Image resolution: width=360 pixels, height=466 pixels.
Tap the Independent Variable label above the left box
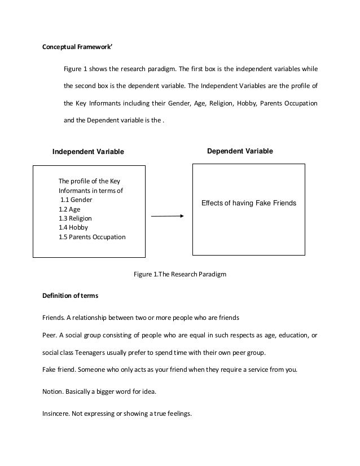pos(87,151)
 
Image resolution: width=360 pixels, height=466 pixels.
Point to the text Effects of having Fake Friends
pos(248,203)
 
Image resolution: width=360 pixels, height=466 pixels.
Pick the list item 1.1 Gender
pos(77,200)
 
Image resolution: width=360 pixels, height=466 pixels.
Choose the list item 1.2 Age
pos(69,209)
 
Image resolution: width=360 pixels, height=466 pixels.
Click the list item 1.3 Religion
pos(75,218)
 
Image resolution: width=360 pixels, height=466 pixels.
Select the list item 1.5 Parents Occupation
pos(92,237)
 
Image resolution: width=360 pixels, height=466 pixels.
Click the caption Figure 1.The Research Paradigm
pos(179,274)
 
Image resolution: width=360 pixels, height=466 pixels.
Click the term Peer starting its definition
pos(50,336)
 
